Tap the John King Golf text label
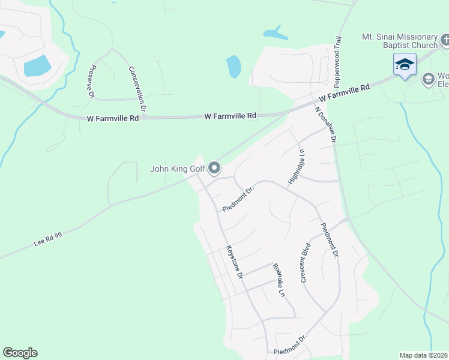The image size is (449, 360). (x=178, y=169)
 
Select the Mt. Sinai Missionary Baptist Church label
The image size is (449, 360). (x=399, y=41)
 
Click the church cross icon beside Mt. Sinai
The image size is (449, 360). (x=445, y=40)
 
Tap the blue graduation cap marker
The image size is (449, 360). (x=405, y=64)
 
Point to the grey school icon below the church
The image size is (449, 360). (x=428, y=79)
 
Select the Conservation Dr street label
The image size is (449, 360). (x=137, y=89)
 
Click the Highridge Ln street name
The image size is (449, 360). (x=297, y=167)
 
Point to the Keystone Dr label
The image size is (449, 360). (x=234, y=262)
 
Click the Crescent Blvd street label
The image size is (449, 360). (x=305, y=262)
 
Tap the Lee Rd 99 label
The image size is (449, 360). (x=48, y=238)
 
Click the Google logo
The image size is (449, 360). (x=20, y=353)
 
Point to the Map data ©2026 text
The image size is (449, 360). (x=423, y=355)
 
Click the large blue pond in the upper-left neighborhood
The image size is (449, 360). (x=37, y=65)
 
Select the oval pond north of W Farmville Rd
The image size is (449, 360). (x=234, y=66)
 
